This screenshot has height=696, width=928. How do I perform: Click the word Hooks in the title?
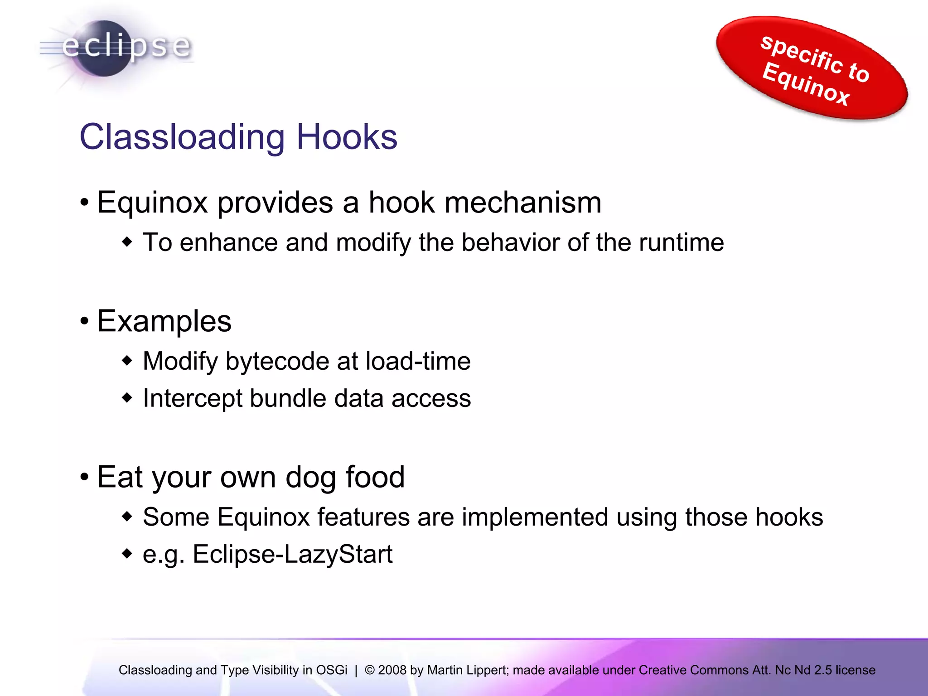[x=347, y=137]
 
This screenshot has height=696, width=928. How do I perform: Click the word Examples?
[x=164, y=321]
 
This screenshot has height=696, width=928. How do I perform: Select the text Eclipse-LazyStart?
[x=292, y=555]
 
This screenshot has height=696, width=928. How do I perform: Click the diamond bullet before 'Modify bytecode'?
[x=127, y=361]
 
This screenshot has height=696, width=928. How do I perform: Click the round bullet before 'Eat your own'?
[x=85, y=478]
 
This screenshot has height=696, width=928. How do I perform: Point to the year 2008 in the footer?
[x=392, y=670]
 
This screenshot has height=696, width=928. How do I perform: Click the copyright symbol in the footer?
[x=370, y=670]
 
